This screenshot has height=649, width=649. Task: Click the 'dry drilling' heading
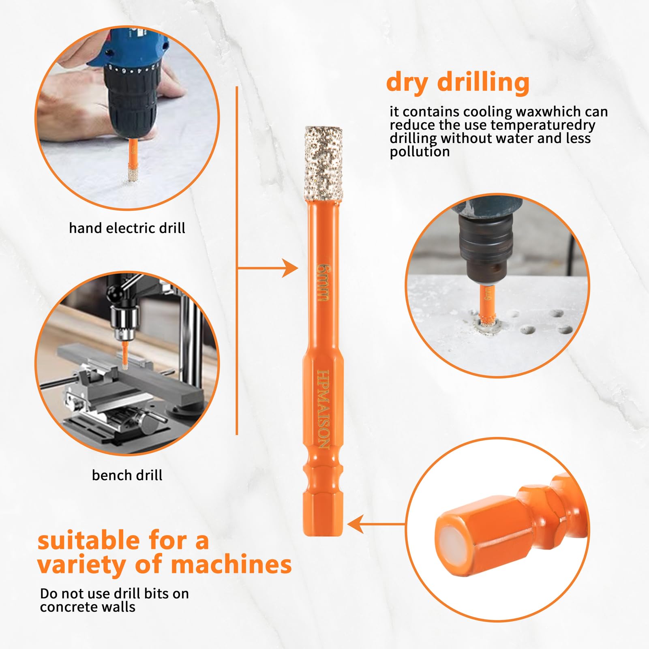458,82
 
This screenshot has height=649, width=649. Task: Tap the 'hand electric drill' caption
127,228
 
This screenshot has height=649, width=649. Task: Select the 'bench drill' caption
127,475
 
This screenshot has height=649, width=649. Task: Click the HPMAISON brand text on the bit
323,409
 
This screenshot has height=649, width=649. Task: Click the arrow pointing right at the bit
268,268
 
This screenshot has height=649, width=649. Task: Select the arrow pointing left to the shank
377,524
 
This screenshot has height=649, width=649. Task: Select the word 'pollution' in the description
420,152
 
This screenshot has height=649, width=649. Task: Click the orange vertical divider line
237,260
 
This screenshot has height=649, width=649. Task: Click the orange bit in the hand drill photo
132,160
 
